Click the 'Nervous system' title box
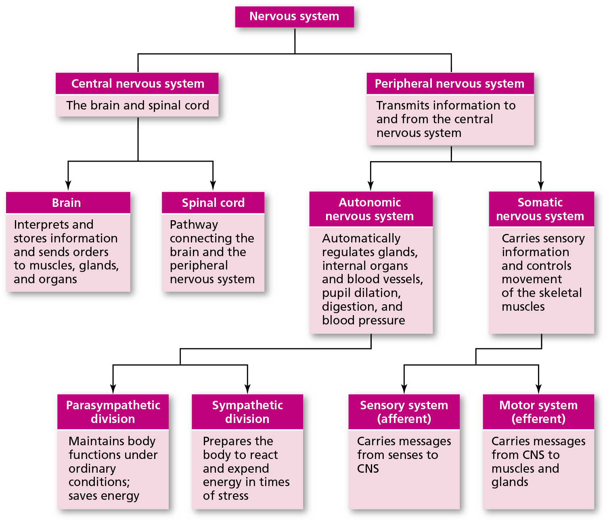coord(294,17)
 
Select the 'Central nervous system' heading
coord(138,84)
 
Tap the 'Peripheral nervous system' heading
coord(450,84)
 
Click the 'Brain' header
coord(67,203)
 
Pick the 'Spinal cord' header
coord(213,203)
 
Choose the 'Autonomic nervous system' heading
coord(370,209)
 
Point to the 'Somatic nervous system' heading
coord(540,209)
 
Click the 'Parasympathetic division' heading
coord(113,412)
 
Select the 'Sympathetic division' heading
coord(247,412)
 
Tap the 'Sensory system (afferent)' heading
coord(404,412)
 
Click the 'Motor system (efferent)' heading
coord(538,412)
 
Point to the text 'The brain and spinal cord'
coord(138,105)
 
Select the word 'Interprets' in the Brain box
coord(34,225)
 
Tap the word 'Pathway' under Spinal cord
coord(194,225)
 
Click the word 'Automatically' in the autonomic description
coord(361,238)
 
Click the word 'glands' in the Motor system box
coord(510,482)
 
